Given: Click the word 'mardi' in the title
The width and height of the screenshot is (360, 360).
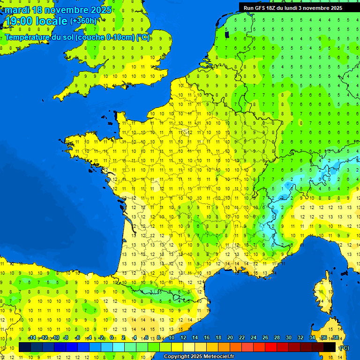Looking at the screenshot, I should point(17,10).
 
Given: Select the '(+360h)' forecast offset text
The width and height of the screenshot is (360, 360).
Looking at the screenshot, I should point(83,21).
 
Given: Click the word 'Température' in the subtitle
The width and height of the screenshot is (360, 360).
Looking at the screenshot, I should point(27,37).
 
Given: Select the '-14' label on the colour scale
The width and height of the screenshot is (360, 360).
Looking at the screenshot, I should point(32,338).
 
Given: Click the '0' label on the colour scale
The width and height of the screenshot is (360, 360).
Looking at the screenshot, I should point(112,338).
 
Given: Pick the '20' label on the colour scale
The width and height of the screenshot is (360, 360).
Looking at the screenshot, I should point(230,338).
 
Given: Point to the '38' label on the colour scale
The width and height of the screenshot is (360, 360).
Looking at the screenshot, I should point(335,338).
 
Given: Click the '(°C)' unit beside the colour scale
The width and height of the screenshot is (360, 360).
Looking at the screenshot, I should point(344,347).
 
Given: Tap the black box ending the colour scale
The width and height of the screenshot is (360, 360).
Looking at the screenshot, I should point(330,347).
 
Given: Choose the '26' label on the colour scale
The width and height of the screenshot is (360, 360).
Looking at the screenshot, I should point(265,338).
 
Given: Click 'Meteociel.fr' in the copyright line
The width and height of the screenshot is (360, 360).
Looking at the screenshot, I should point(219,357).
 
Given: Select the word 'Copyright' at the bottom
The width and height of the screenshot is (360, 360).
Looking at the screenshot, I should point(177,357).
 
